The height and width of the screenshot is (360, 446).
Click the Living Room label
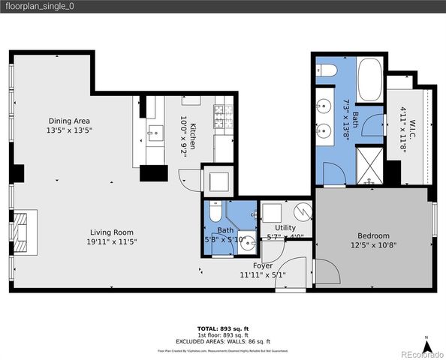coord(113,232)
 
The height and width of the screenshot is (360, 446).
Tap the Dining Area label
coord(70,121)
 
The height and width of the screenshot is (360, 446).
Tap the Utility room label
coord(285,227)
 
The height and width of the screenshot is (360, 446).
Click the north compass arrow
coord(426,346)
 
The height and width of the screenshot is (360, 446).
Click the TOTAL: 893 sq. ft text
coord(222,329)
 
